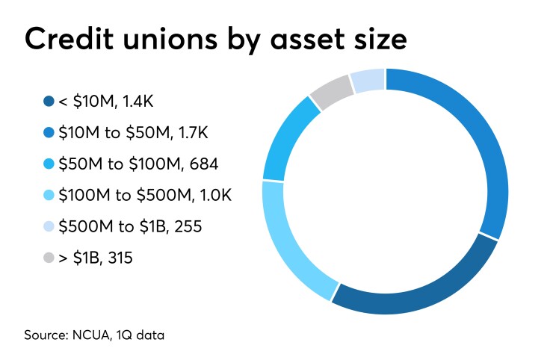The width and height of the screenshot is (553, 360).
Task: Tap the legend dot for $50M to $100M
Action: click(x=49, y=164)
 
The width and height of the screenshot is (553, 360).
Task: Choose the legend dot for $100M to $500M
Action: click(x=49, y=195)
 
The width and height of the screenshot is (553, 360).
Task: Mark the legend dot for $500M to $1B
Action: click(x=49, y=226)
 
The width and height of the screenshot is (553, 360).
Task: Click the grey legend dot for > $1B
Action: click(x=49, y=258)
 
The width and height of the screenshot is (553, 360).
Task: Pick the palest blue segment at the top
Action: click(x=367, y=80)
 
